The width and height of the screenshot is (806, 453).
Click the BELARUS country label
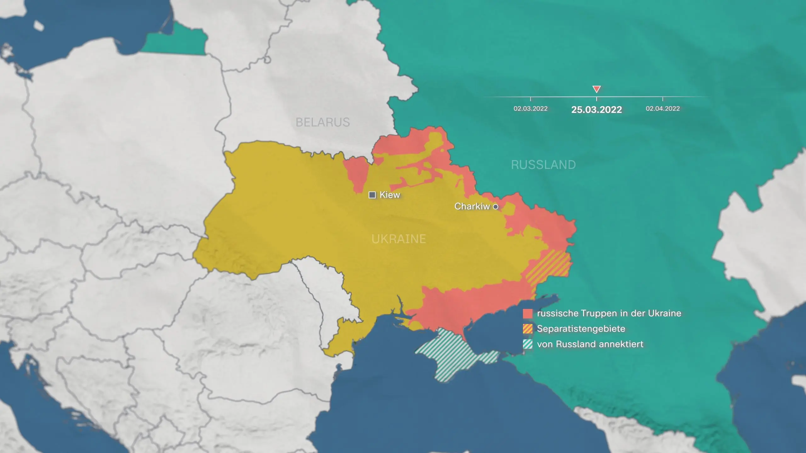[323, 122]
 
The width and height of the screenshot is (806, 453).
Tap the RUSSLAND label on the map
[543, 165]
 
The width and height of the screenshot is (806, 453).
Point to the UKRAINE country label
[399, 239]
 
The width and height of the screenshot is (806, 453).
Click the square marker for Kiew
[372, 195]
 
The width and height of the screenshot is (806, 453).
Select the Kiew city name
[390, 195]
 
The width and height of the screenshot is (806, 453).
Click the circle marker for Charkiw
[495, 207]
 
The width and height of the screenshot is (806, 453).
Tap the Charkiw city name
[472, 206]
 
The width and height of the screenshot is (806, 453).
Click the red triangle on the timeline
[596, 89]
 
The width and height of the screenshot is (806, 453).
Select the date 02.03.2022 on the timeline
[531, 109]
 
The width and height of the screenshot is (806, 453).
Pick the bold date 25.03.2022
[596, 109]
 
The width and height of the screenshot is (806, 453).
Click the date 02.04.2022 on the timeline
[663, 109]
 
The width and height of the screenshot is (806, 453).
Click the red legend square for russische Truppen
[528, 313]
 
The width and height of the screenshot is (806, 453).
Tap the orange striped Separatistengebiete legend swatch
[528, 329]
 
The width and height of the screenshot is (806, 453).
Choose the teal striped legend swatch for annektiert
[528, 344]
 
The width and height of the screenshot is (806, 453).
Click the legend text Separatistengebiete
[581, 329]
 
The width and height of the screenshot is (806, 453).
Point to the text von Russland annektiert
[590, 344]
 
